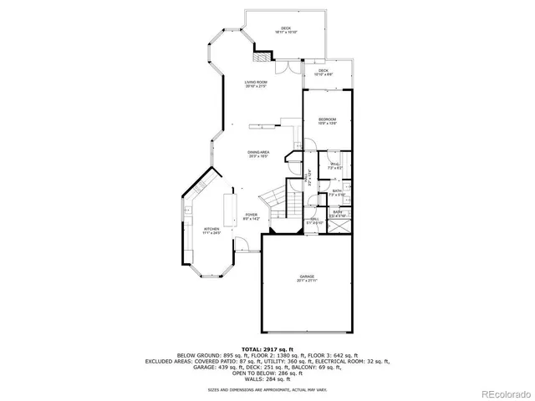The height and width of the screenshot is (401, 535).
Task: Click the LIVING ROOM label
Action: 256,84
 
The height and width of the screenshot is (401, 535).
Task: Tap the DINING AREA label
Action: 257,153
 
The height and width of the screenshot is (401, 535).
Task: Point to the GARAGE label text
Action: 308,277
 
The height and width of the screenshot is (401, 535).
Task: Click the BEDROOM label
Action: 327,122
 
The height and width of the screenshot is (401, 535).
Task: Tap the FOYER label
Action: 251,216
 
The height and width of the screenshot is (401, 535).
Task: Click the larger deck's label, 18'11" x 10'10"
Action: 286,30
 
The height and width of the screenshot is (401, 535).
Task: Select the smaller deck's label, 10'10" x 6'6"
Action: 324,73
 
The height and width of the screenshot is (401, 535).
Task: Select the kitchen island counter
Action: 227,209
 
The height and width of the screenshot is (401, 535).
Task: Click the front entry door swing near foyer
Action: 242,244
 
